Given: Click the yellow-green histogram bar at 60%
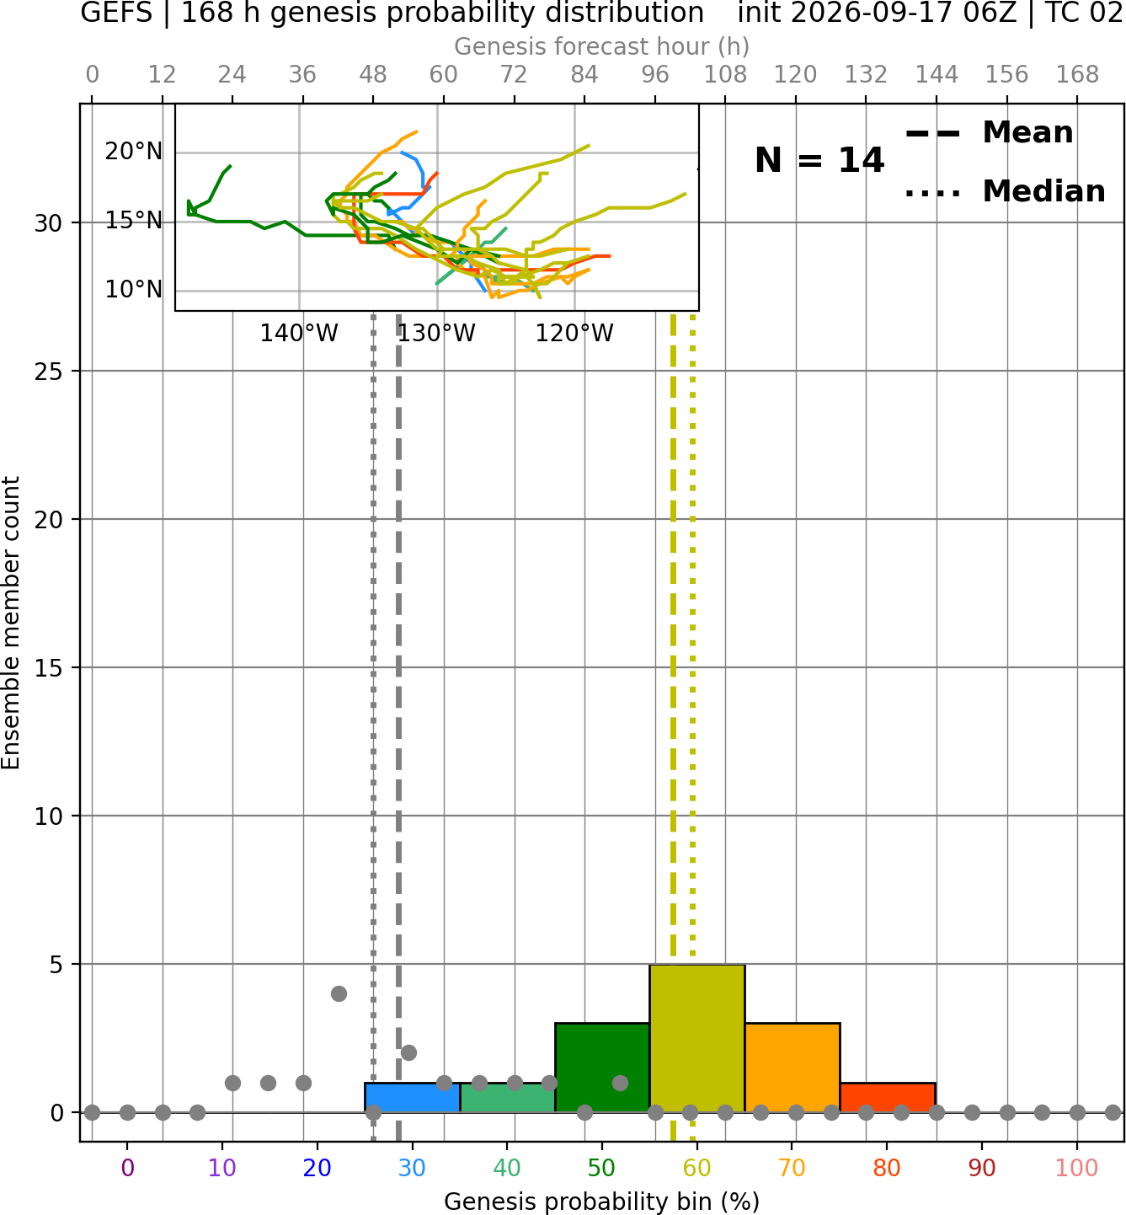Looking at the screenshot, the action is (696, 1038).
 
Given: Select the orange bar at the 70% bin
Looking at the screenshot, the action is (792, 1068).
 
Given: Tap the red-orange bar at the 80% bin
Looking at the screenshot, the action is (888, 1098).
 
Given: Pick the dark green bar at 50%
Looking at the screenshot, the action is (602, 1068).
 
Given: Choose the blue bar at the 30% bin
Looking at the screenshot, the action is (412, 1098).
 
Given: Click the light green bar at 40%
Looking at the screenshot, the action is (507, 1098).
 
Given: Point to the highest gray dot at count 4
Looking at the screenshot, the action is (339, 994).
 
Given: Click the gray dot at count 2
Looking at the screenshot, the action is (408, 1053).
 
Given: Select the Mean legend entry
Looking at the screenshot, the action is (989, 133).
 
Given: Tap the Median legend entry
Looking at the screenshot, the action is (1005, 191).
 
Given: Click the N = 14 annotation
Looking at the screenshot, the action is (819, 160).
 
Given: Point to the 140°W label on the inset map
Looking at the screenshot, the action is (299, 334).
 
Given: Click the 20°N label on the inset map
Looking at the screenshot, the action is (133, 151).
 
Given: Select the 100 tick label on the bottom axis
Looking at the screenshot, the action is (1076, 1168).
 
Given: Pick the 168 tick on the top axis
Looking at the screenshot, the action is (1077, 75).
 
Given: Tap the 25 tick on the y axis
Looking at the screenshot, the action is (49, 372).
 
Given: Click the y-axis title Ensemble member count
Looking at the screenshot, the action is (11, 624).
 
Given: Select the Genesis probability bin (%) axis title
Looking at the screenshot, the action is (602, 1202).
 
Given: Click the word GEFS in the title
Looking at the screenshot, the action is (116, 13).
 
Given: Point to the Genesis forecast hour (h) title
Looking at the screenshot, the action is (602, 47).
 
